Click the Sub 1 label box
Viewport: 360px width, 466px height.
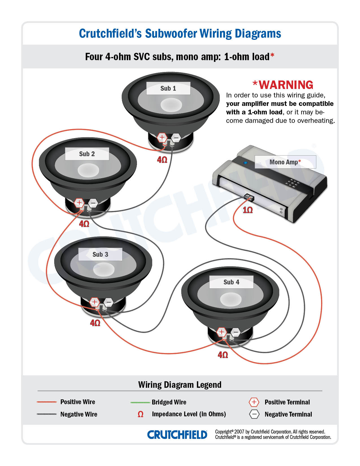point(168,88)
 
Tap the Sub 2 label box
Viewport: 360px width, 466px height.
point(87,154)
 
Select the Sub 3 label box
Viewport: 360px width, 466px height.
point(100,254)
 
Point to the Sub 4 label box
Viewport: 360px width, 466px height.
point(231,282)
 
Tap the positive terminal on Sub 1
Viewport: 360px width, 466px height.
point(162,138)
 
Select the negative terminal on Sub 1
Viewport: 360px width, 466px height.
point(176,138)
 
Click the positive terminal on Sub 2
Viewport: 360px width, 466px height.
point(79,202)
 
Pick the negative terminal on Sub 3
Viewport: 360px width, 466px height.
point(109,302)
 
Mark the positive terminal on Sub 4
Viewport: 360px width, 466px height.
point(222,332)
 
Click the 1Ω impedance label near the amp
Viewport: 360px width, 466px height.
point(248,210)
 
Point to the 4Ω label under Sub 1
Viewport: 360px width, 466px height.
point(162,160)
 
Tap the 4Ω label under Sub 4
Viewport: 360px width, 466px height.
point(223,355)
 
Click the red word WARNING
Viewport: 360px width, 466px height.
point(286,85)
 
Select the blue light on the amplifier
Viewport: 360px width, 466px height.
point(245,163)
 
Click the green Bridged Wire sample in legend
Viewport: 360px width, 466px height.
point(140,402)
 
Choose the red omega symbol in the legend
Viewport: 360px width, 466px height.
point(140,414)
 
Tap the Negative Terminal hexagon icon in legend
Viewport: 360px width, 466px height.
point(254,414)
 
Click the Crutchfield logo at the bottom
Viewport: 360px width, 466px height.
point(177,435)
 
